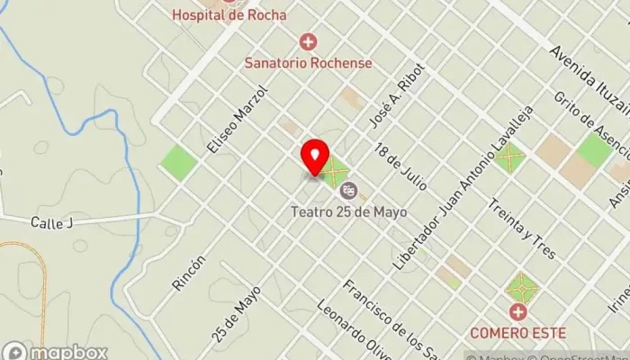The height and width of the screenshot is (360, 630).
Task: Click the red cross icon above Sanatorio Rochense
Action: coord(309,41)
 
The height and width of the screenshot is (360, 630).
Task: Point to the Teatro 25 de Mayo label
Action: coord(348,212)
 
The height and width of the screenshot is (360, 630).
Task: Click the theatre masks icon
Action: coord(349,190)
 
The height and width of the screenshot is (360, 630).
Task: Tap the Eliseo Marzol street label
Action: coord(238,118)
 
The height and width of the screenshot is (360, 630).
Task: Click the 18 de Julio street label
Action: coord(400,166)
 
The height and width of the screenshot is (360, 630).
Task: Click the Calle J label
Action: coord(50,223)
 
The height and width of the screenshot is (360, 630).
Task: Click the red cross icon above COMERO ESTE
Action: coord(517,312)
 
